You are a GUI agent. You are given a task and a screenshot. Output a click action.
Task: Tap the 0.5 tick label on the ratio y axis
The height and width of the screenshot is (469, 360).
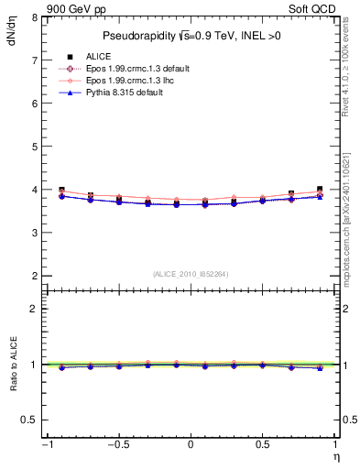point(29,420)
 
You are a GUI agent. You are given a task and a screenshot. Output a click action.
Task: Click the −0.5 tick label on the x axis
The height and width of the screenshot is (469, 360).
point(117,445)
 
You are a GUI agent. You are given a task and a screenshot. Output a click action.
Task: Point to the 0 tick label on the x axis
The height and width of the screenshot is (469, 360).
point(191,445)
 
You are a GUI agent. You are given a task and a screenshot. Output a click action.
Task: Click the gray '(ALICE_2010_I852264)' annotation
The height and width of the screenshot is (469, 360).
point(191,274)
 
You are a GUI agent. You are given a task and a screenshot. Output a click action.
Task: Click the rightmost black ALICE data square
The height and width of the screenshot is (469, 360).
point(320,190)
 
